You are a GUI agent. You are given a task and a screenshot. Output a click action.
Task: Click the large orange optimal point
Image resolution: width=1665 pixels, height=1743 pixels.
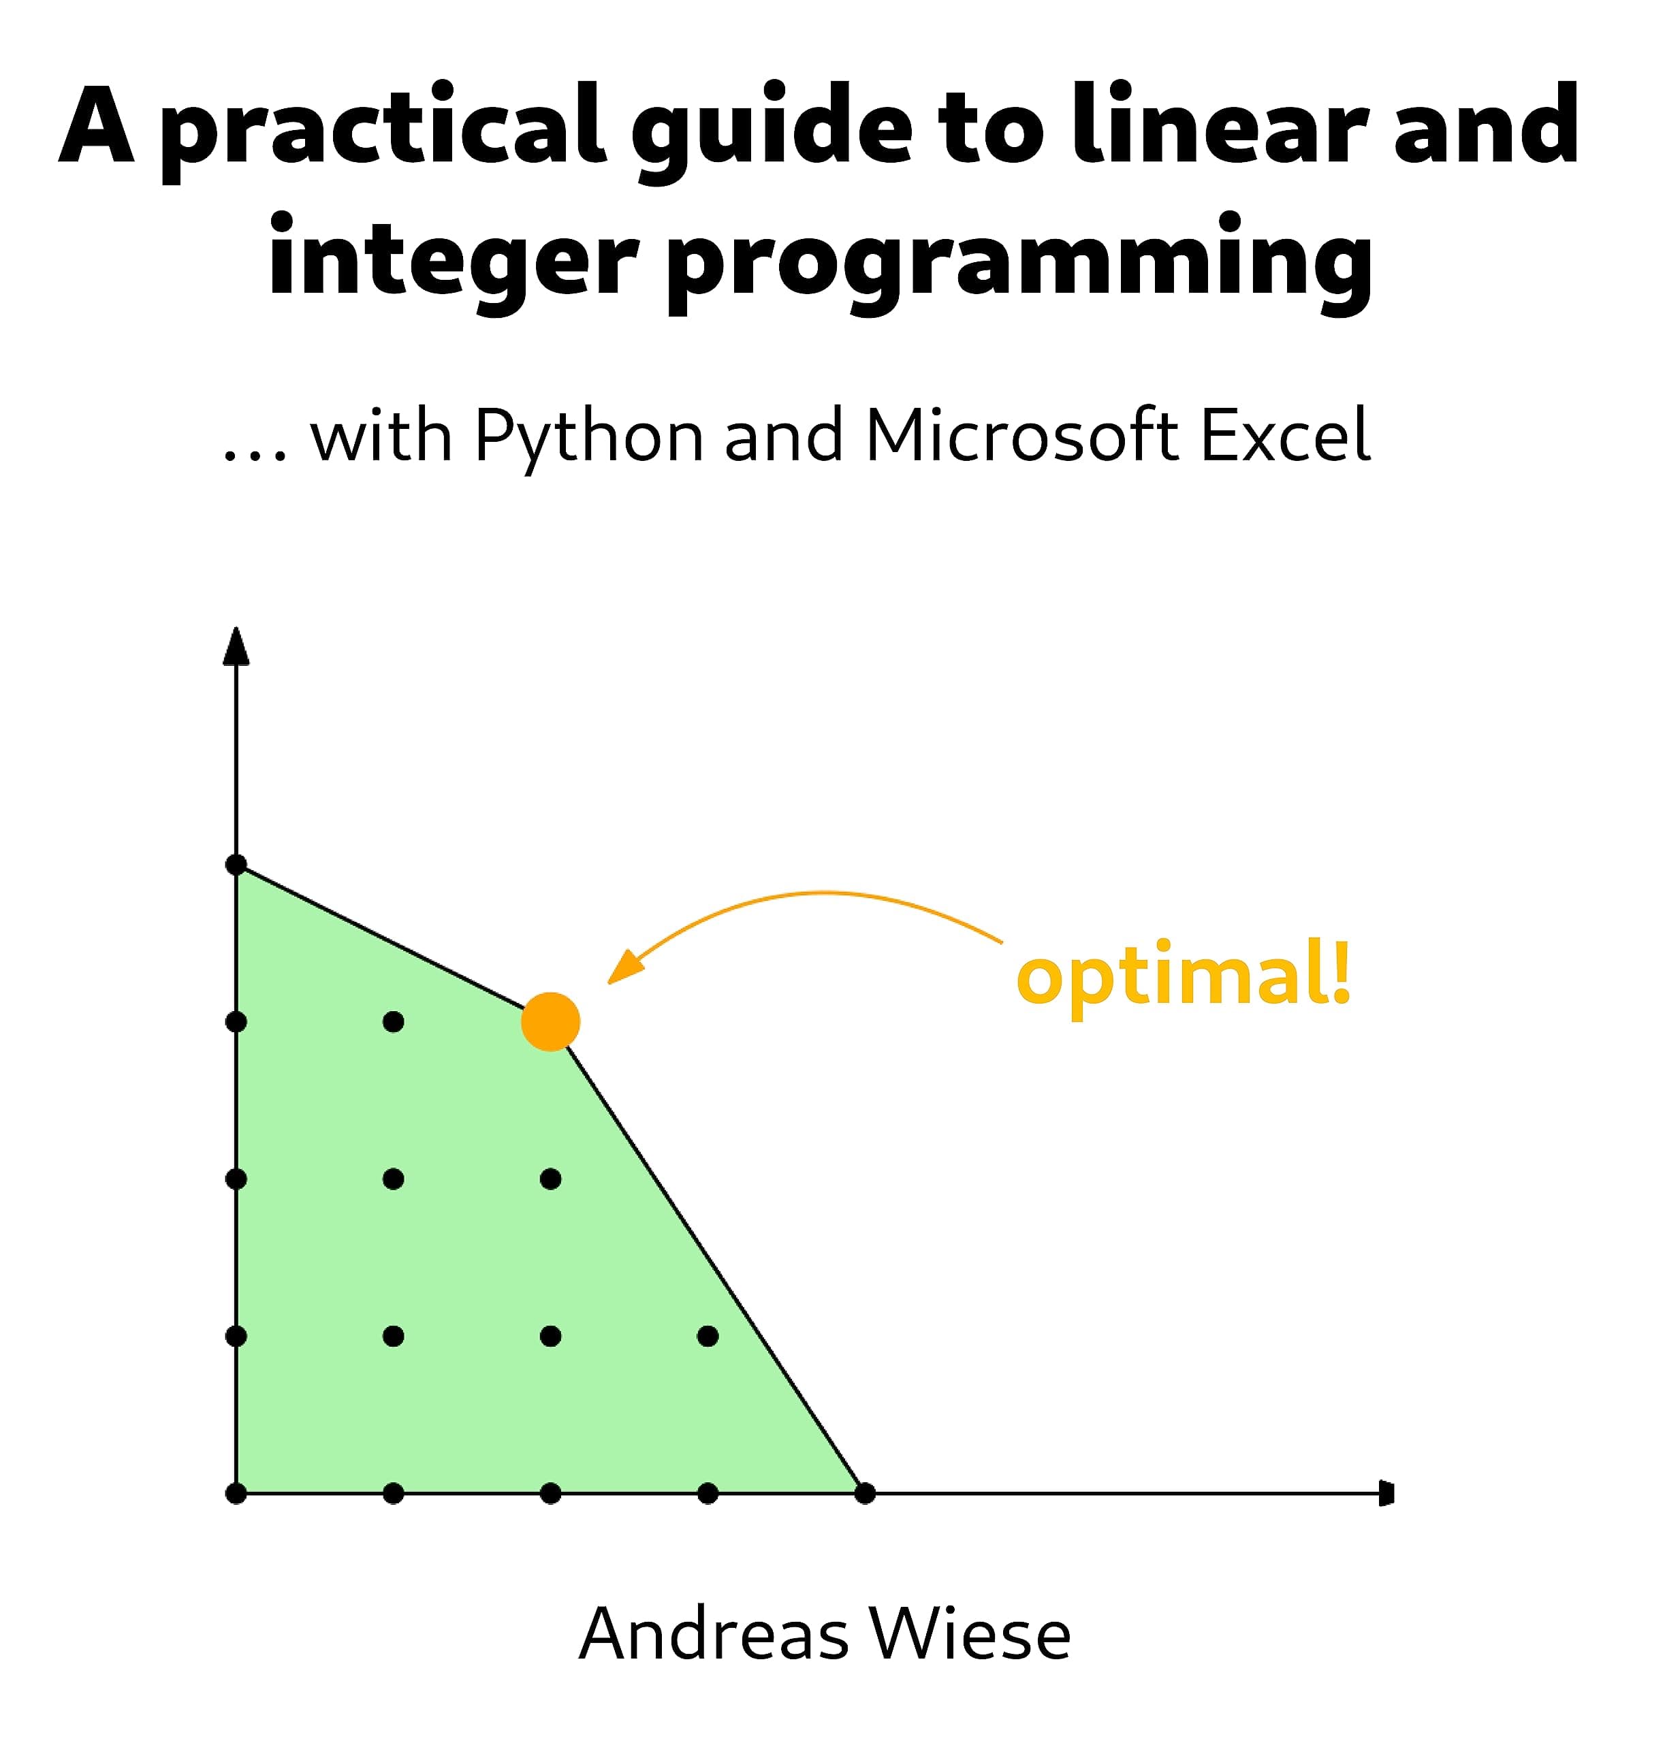pyautogui.click(x=550, y=1021)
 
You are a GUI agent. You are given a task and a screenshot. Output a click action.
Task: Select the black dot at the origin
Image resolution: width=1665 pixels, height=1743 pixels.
pyautogui.click(x=236, y=1494)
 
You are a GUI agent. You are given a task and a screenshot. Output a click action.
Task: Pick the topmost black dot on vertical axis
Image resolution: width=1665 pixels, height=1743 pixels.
pyautogui.click(x=236, y=865)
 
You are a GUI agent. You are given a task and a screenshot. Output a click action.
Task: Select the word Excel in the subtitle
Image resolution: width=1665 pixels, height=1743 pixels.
pyautogui.click(x=1285, y=436)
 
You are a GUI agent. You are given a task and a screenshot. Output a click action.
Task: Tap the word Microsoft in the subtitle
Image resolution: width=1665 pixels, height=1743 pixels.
pyautogui.click(x=1021, y=436)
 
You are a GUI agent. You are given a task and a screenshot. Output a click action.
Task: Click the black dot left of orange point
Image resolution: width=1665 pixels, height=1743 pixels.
pyautogui.click(x=393, y=1021)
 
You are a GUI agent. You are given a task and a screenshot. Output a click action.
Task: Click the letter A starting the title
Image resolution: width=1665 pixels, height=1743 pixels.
pyautogui.click(x=97, y=125)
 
